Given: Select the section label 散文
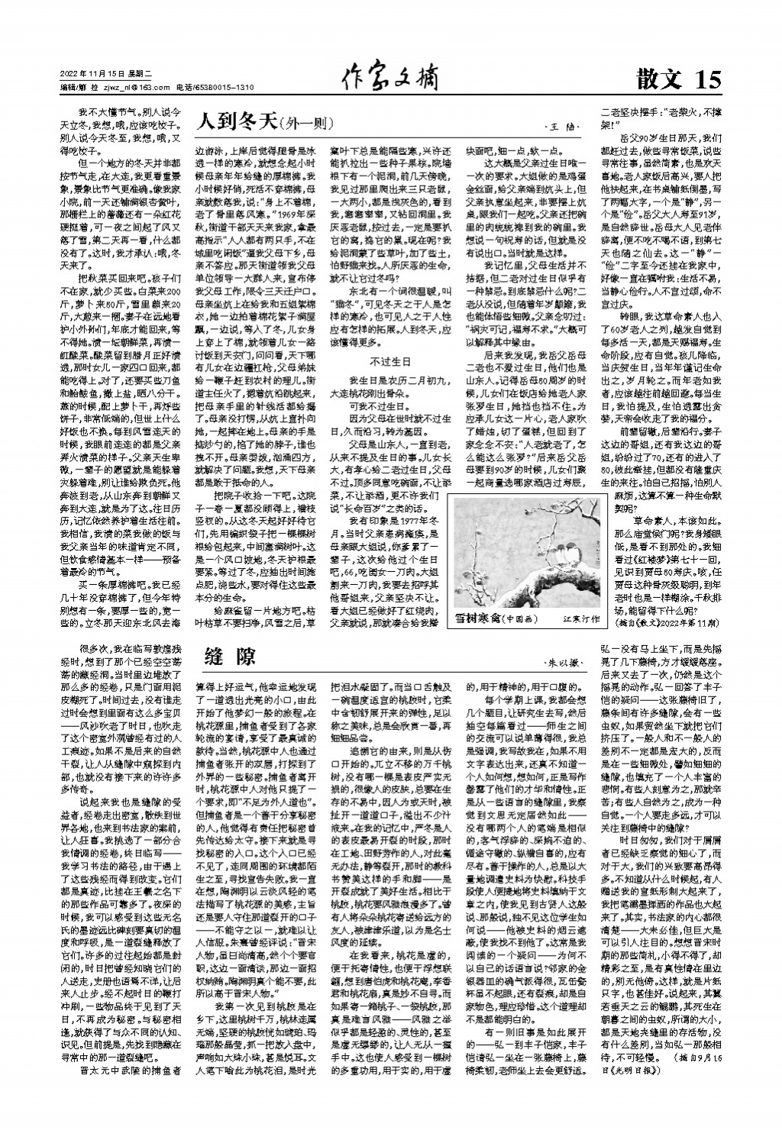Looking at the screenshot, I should click(x=661, y=79).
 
